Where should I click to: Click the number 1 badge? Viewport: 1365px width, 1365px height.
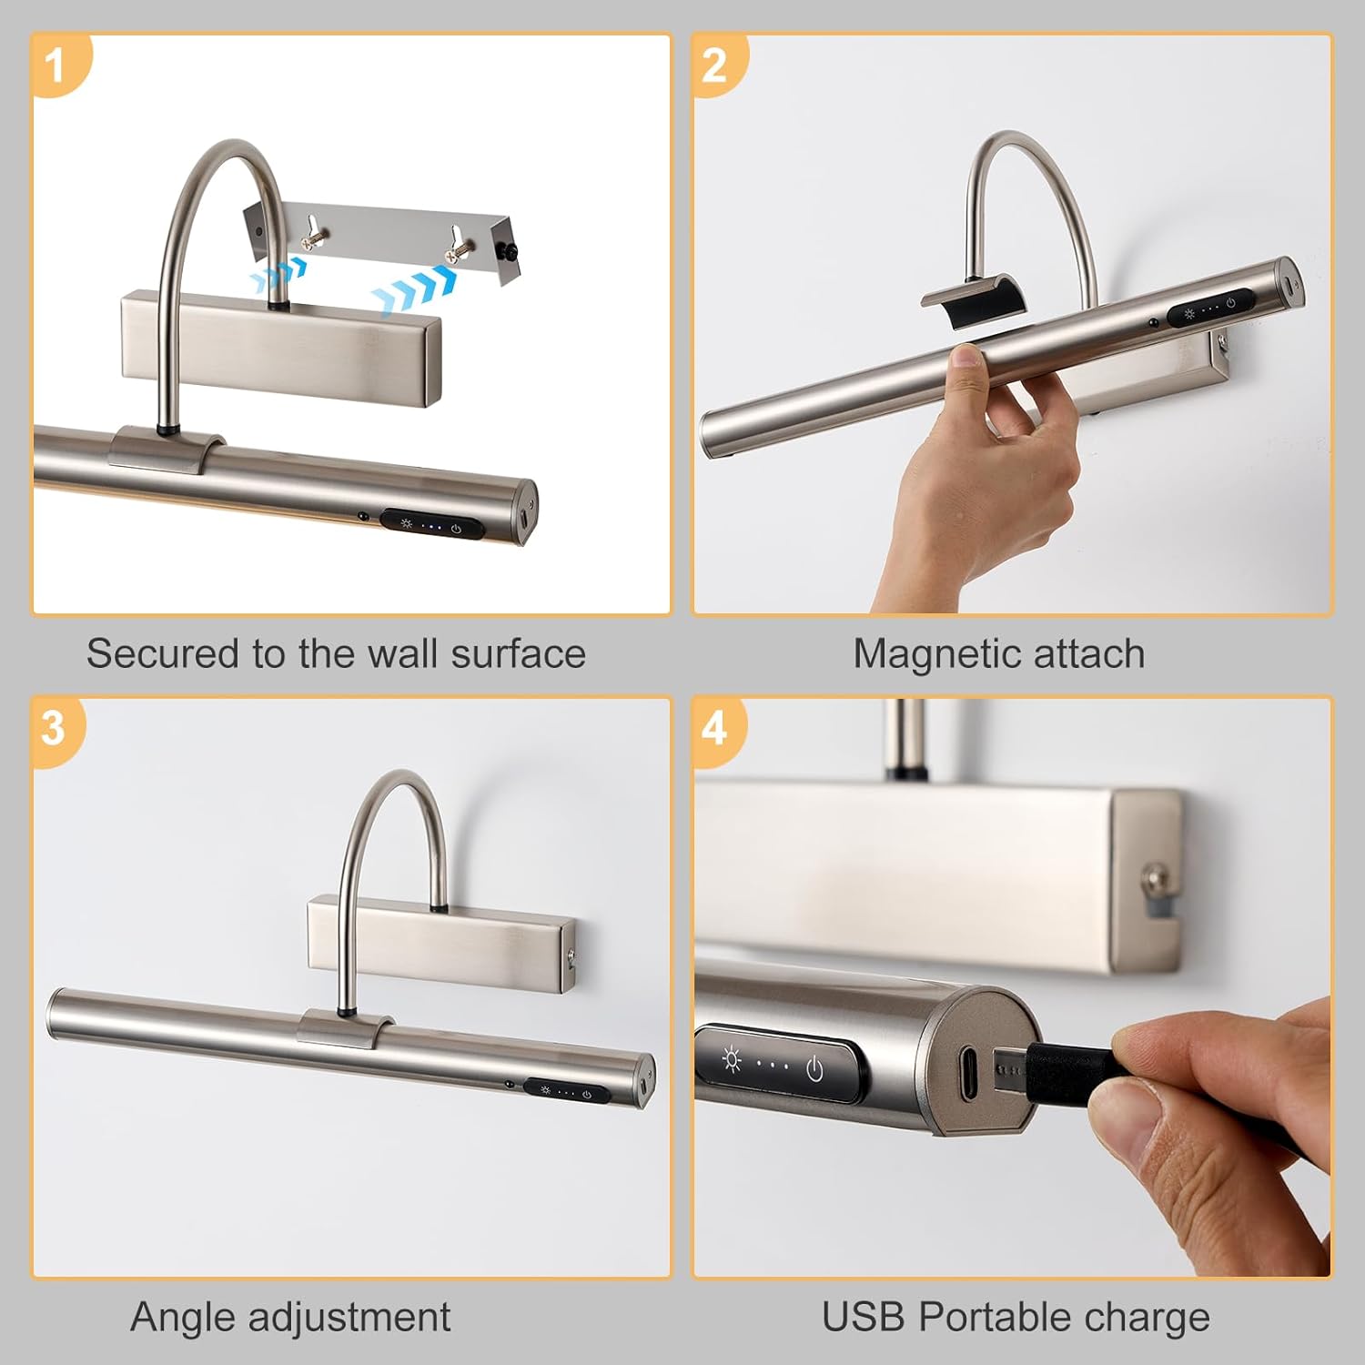[56, 66]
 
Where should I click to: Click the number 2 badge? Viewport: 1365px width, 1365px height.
[715, 66]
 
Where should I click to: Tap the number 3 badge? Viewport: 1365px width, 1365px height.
[55, 729]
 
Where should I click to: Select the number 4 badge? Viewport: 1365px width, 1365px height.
[715, 729]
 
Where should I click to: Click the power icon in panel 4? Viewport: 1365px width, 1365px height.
[815, 1068]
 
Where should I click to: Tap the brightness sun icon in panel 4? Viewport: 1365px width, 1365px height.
[732, 1061]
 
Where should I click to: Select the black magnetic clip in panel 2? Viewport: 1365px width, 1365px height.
[968, 301]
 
